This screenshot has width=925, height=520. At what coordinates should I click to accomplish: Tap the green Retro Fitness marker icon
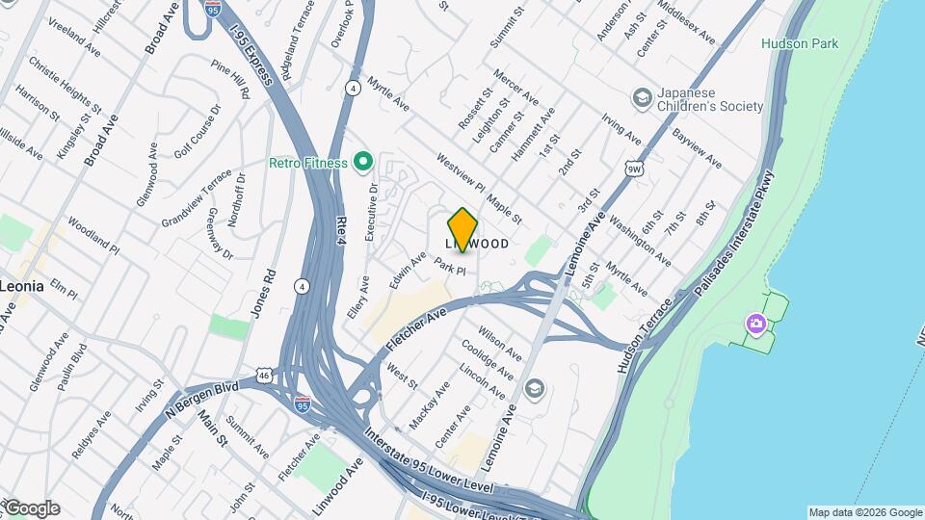pyautogui.click(x=363, y=163)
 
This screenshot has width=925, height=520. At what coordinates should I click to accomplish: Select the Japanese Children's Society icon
pyautogui.click(x=642, y=98)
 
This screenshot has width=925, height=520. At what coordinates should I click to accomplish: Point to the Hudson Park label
pyautogui.click(x=800, y=43)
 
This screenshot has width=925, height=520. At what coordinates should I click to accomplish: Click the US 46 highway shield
pyautogui.click(x=266, y=375)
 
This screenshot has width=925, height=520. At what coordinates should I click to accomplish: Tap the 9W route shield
pyautogui.click(x=632, y=169)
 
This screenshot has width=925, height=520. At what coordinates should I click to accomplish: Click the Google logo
pyautogui.click(x=31, y=508)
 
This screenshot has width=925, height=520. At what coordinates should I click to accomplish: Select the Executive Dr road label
pyautogui.click(x=372, y=212)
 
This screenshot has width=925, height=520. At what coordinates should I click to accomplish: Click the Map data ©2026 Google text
pyautogui.click(x=864, y=512)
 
